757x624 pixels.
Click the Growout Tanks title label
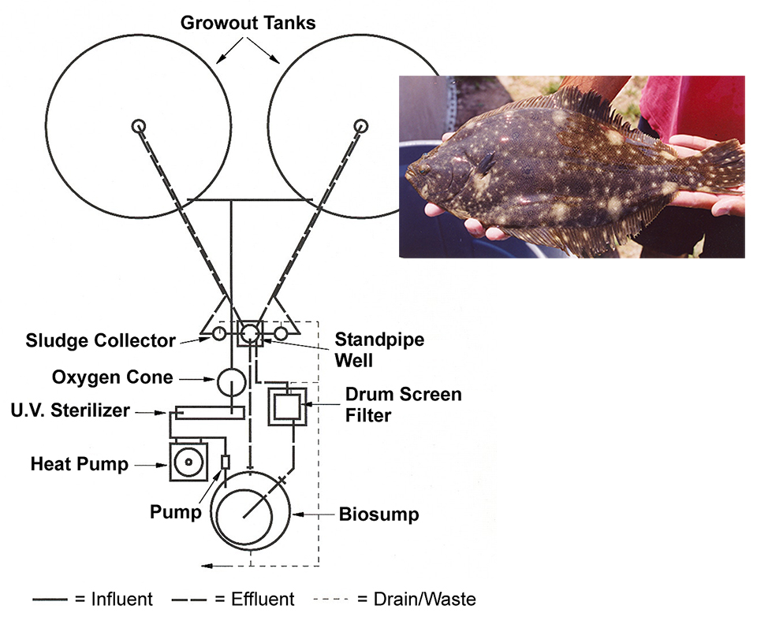[x=248, y=22]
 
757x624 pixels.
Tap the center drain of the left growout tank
[x=139, y=126]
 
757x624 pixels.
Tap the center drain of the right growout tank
[x=361, y=126]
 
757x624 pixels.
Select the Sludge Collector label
[x=100, y=340]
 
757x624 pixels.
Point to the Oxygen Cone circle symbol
[x=231, y=381]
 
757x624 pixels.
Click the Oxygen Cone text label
[x=113, y=377]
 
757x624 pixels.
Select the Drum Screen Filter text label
[x=403, y=403]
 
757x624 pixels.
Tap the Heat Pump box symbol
[x=188, y=463]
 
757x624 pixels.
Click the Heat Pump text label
[x=80, y=464]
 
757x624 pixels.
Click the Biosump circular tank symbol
[x=249, y=511]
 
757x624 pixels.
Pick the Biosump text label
[x=378, y=515]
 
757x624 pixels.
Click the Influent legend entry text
[x=114, y=600]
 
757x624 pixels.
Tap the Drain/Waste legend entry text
[x=416, y=600]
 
